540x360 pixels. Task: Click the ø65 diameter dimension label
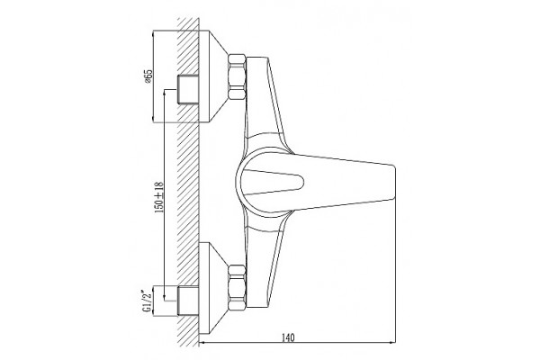tap(148, 76)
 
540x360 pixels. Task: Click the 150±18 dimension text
tap(158, 197)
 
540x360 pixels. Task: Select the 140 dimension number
tap(288, 337)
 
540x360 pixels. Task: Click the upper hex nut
tap(237, 77)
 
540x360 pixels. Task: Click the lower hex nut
tap(237, 288)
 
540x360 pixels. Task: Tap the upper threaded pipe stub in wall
tap(188, 89)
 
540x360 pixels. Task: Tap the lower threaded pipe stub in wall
tap(188, 301)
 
